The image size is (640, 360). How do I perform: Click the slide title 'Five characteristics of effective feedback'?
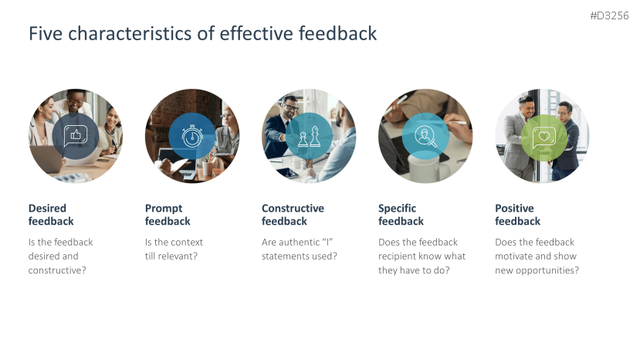coord(202,34)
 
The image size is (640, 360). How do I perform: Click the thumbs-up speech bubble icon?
coord(76,136)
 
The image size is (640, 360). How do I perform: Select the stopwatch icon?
coord(192,136)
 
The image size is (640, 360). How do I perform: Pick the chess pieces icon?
coord(309,136)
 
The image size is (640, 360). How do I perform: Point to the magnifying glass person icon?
coord(425,136)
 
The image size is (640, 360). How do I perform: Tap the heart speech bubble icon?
coord(542,136)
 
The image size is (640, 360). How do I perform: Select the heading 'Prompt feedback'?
coord(168,215)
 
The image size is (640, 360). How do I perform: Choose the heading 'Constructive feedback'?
coord(293,215)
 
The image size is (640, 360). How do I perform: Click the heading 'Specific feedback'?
coord(401,215)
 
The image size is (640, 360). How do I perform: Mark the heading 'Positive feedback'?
coord(517,215)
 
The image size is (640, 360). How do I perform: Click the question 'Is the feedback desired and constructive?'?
coord(61,256)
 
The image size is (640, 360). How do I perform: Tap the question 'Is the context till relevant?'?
coord(174,249)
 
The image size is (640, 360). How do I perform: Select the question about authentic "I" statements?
coord(299,249)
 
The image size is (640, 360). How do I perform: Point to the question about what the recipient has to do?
coord(422,256)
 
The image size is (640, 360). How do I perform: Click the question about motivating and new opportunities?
coord(537,256)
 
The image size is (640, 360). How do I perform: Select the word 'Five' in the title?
coord(44,34)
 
